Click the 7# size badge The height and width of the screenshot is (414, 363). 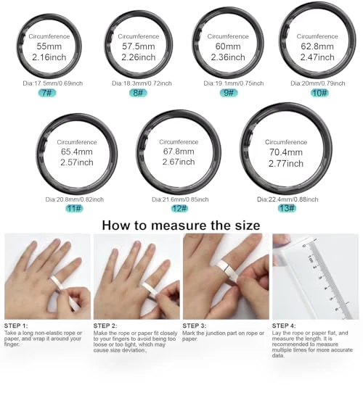point(47,93)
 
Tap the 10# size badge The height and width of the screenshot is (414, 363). point(319,93)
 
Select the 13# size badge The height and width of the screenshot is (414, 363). point(287,208)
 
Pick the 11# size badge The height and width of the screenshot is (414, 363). point(74,209)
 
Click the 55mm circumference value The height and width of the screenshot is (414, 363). point(49,46)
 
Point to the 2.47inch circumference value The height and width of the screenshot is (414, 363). point(317,57)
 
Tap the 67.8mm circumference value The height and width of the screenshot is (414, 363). point(179,152)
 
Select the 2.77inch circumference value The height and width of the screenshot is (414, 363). point(286,164)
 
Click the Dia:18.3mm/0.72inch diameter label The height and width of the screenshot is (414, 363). point(142,83)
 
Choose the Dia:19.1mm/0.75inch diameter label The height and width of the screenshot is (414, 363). point(234,83)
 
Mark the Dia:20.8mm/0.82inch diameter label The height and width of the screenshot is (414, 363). point(75,199)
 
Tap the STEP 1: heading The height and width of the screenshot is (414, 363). point(16,326)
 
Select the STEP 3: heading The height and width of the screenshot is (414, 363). point(195,326)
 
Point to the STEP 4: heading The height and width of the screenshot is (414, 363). point(284,326)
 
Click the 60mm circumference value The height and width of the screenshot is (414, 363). point(228,46)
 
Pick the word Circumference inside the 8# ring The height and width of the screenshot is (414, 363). point(139,36)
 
